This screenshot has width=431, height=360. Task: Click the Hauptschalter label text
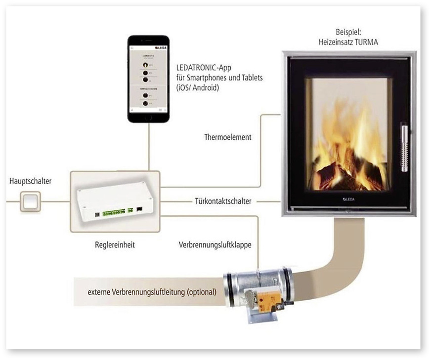(30, 181)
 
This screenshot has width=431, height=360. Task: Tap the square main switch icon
(30, 201)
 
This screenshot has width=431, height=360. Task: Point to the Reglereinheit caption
(114, 244)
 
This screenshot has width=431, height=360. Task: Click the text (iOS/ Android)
(199, 87)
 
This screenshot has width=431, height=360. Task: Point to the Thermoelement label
(227, 137)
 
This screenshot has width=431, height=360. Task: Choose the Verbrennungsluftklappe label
(218, 244)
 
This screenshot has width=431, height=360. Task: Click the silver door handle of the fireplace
(405, 148)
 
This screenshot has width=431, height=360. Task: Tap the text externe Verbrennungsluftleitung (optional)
(152, 292)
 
